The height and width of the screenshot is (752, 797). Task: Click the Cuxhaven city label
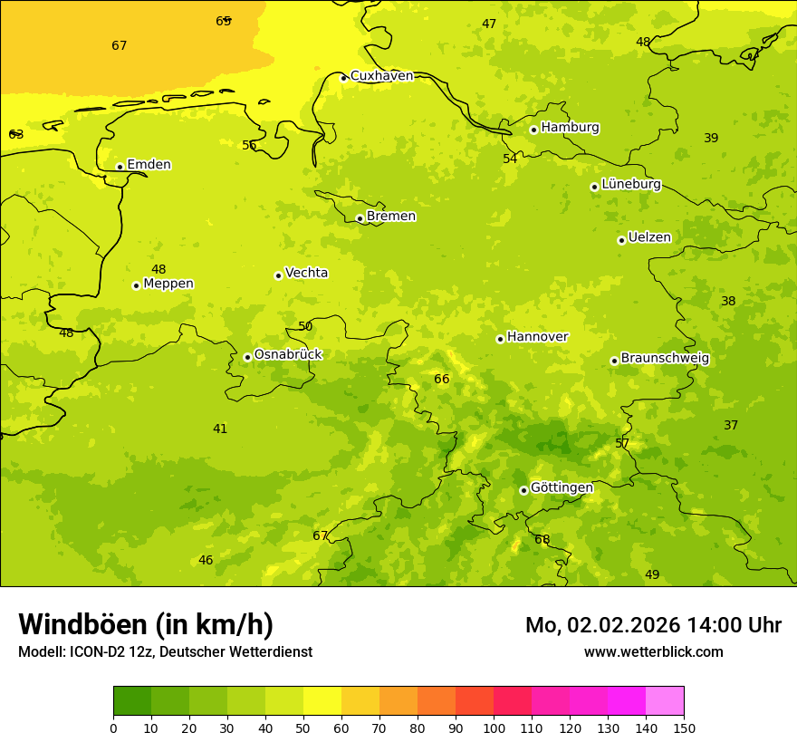pos(381,76)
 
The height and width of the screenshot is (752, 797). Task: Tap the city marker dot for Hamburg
pos(533,130)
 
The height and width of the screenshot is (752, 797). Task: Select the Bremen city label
pos(391,217)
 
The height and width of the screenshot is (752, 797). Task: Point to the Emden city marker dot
pos(120,167)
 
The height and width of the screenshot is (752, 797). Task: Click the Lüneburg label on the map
pos(631,184)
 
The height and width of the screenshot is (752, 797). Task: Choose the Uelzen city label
pos(649,237)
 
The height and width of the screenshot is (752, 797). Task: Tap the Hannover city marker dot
pos(500,339)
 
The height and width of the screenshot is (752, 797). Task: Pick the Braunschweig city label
pos(665,359)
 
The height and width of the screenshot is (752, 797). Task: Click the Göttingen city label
pos(562,488)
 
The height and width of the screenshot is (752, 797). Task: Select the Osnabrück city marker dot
pos(247,357)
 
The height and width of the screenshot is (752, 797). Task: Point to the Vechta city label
pos(306,273)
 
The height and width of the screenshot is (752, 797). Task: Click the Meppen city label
pos(168,284)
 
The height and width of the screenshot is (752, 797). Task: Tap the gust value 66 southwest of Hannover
pos(442,380)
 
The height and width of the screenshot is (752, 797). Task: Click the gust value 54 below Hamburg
pos(510,159)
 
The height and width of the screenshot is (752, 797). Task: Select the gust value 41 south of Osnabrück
pos(220,429)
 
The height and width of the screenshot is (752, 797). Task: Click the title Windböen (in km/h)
pos(146,624)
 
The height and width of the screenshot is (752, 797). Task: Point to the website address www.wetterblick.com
pos(653,652)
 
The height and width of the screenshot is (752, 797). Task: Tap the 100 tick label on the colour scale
pos(494,728)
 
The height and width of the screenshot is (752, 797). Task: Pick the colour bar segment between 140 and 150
pos(665,700)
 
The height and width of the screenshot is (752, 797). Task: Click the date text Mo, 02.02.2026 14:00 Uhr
pos(653,625)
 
